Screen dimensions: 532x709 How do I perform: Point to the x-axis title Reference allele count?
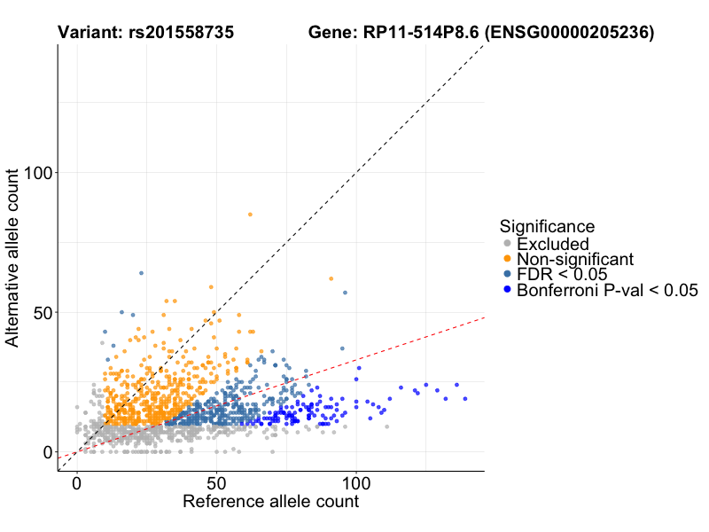pos(270,502)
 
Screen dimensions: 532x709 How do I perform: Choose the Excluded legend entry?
pos(552,244)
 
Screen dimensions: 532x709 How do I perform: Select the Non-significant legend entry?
pos(575,260)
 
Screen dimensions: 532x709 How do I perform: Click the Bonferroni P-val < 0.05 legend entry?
pos(608,290)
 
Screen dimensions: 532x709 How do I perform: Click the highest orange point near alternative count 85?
pos(250,215)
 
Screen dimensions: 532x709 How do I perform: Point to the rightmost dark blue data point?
pos(464,399)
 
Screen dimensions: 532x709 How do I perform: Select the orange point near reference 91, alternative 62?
pos(331,278)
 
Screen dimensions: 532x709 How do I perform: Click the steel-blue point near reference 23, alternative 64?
pos(141,273)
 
